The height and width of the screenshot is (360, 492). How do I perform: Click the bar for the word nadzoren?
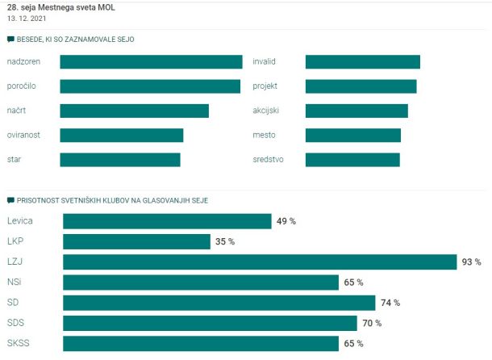[x=151, y=61]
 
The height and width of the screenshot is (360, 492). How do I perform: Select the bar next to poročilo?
[x=150, y=86]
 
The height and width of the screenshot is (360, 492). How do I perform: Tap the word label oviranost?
[x=23, y=135]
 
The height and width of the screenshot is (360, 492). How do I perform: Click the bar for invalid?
[x=363, y=61]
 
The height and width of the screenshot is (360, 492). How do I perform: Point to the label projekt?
[x=265, y=86]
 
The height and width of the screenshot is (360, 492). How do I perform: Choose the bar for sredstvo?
[x=352, y=160]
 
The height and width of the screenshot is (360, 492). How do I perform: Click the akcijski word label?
[x=266, y=111]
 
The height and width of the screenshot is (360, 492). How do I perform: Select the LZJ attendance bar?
[x=260, y=262]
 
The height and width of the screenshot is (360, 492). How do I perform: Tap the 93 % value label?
[x=471, y=262]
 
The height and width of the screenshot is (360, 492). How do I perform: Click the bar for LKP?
[x=136, y=241]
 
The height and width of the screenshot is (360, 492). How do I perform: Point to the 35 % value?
[x=225, y=241]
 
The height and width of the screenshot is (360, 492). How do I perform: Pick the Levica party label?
[x=20, y=221]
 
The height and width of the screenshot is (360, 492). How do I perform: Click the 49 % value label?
[x=286, y=221]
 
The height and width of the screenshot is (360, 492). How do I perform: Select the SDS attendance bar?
[x=210, y=323]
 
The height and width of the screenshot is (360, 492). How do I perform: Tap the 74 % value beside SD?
[x=390, y=303]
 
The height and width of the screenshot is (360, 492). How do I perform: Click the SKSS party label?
[x=19, y=343]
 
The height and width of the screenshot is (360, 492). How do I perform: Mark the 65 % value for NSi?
[x=353, y=283]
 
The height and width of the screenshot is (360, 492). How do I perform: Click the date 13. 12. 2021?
[x=27, y=19]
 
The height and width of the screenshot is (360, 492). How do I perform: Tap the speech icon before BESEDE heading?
[x=10, y=40]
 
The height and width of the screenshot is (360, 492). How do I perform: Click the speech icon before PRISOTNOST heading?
[x=10, y=200]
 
